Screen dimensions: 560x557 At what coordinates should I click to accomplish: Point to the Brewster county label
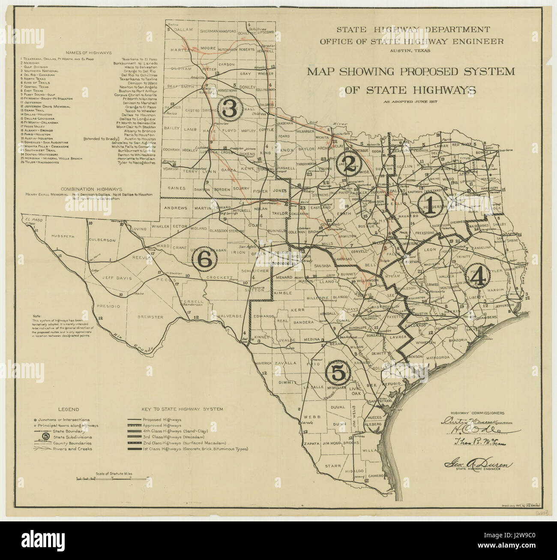151,317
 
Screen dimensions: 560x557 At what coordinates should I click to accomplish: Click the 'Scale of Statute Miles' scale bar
104,477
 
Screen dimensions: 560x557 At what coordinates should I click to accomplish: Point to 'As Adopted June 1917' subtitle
410,102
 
